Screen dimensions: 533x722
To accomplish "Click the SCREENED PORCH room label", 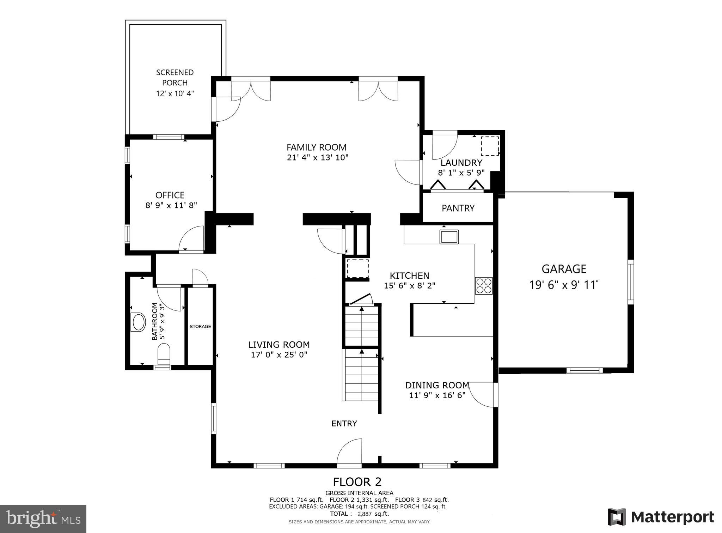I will point(175,78).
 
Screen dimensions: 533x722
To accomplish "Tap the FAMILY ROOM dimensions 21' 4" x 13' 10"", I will point(317,157).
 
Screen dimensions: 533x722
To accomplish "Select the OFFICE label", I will point(170,195).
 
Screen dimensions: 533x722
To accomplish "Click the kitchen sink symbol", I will point(449,237).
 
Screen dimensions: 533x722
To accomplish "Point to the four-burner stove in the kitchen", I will point(484,286).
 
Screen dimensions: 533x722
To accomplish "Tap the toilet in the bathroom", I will point(164,354).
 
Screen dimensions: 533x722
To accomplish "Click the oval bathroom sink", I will point(138,322).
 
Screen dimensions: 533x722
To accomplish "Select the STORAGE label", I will point(200,327).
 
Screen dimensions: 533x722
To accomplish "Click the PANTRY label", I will point(458,208).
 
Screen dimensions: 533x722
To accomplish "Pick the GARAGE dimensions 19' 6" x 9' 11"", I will point(564,285).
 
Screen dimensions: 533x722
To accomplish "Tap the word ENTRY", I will point(344,423).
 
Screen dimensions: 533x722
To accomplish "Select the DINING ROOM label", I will point(437,385).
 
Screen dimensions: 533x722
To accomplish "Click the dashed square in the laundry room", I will point(490,146).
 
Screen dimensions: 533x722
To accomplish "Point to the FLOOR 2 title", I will point(357,482).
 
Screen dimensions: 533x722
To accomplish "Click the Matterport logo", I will point(661,517).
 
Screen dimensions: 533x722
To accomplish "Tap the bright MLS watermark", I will point(43,519).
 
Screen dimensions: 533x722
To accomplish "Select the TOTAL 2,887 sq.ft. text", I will point(359,514).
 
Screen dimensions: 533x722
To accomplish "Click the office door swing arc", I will point(191,238).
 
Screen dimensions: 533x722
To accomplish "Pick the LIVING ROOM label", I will point(279,345).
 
